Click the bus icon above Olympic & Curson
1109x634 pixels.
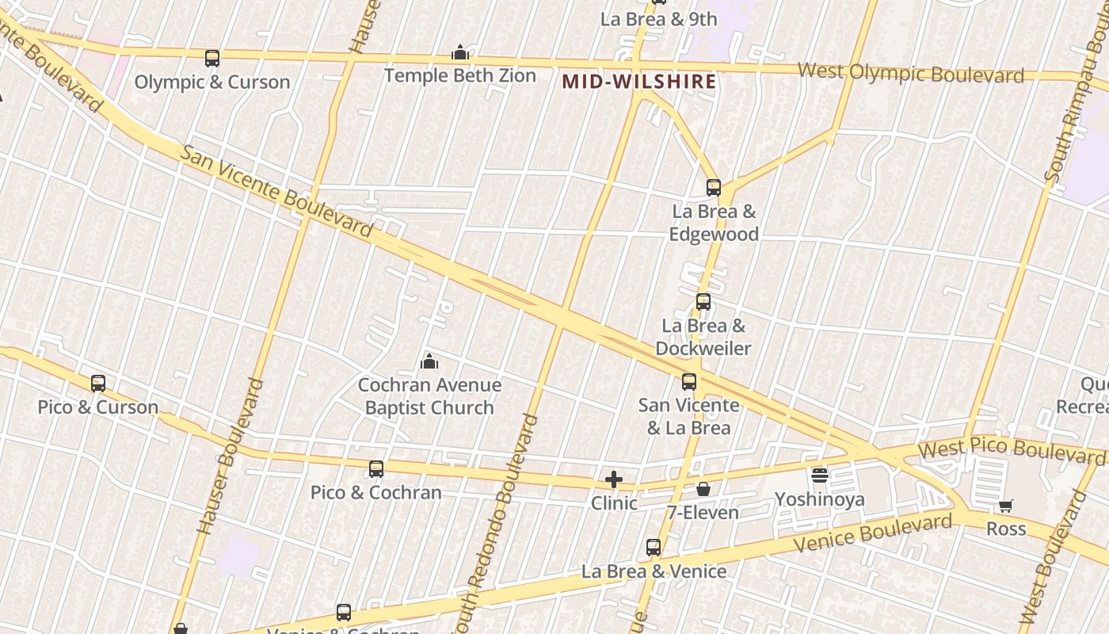[x=212, y=58]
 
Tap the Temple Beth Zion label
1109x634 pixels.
[x=459, y=76]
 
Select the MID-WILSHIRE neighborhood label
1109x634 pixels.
[x=639, y=82]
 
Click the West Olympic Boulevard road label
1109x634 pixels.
[x=910, y=73]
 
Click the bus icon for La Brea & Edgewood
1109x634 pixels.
[x=714, y=188]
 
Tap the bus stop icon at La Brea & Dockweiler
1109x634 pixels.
[x=703, y=302]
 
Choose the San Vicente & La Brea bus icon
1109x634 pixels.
[x=689, y=382]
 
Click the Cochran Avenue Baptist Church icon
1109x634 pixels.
[x=429, y=362]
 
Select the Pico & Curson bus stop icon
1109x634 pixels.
[x=98, y=384]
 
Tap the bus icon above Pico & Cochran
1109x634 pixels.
[x=376, y=469]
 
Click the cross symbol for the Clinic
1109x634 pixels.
[x=614, y=479]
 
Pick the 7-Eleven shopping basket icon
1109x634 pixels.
[x=703, y=489]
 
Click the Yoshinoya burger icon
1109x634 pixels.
[x=820, y=475]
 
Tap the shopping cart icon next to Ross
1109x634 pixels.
[x=1005, y=506]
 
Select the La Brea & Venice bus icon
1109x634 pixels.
[x=654, y=547]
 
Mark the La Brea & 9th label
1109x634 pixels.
[x=658, y=19]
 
